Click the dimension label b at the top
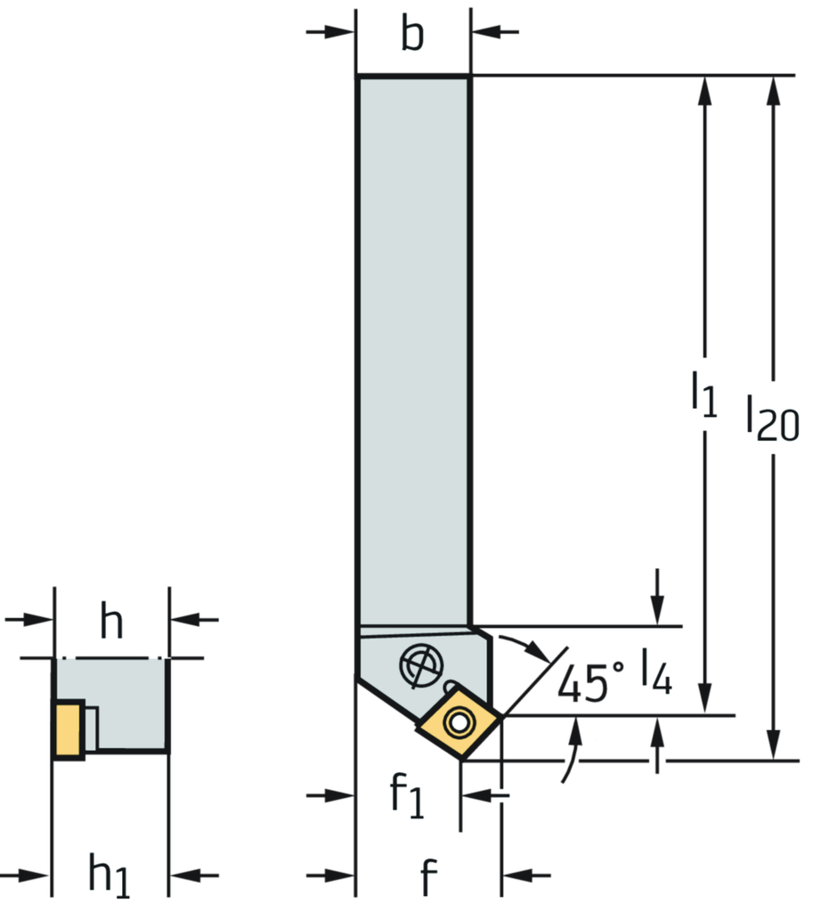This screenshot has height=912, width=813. pyautogui.click(x=411, y=37)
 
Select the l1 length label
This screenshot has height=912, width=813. pyautogui.click(x=703, y=394)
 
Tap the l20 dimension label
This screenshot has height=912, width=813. pyautogui.click(x=772, y=417)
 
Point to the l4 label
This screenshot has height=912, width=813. pyautogui.click(x=657, y=672)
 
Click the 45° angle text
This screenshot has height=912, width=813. pyautogui.click(x=589, y=684)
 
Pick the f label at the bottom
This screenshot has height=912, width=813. pyautogui.click(x=429, y=877)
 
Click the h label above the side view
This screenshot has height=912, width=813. pyautogui.click(x=111, y=621)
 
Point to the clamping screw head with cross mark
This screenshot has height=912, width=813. pyautogui.click(x=419, y=665)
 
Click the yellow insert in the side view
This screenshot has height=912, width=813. pyautogui.click(x=68, y=729)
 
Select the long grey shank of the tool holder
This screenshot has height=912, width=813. pyautogui.click(x=413, y=347)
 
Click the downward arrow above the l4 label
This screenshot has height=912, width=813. pyautogui.click(x=657, y=610)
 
